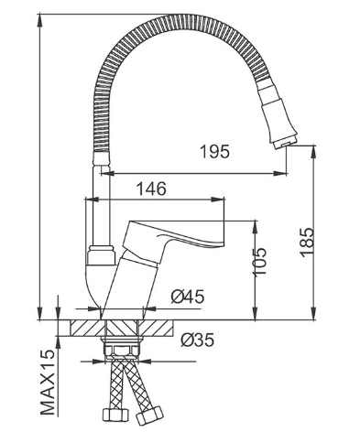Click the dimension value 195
[214, 152]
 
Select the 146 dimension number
[151, 189]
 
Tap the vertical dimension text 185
[306, 243]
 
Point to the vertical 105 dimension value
[259, 262]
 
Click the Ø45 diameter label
[187, 297]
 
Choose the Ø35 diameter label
[198, 340]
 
